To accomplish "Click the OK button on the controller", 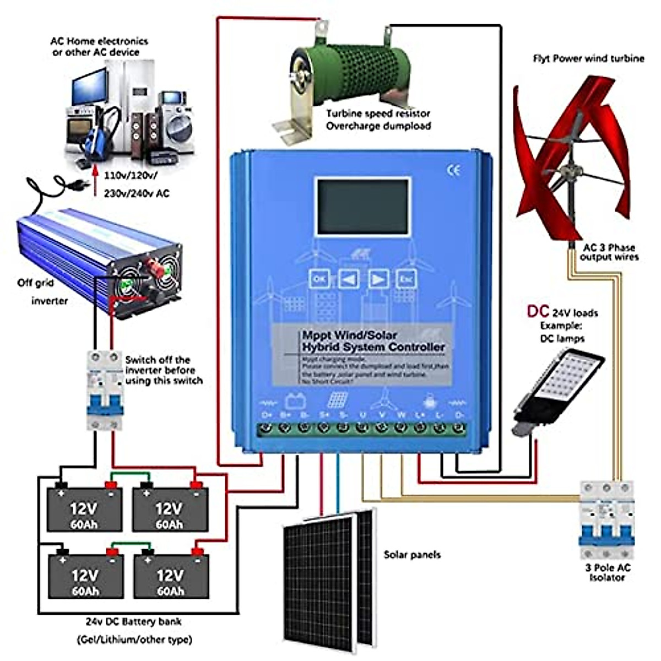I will tap(319, 279).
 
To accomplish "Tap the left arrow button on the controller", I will tap(348, 279).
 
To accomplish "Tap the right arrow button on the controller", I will tap(378, 279).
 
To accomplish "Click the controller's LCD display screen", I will tap(362, 207).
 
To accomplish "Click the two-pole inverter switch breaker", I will tap(105, 391).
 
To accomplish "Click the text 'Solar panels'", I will tap(412, 555).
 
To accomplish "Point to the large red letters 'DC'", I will tap(538, 312).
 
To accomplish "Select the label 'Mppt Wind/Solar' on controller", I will tap(349, 335).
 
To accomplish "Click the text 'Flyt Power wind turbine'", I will tap(588, 58).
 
